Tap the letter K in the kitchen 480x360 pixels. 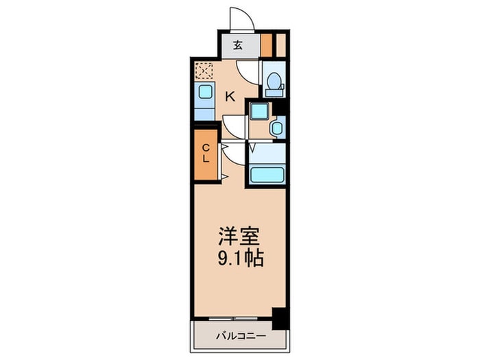click(x=231, y=97)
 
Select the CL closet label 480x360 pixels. click(x=206, y=155)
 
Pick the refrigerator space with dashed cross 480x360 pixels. click(x=203, y=69)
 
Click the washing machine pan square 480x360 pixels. click(x=259, y=110)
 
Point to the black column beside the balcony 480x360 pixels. click(x=278, y=300)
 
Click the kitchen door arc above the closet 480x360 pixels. click(x=234, y=124)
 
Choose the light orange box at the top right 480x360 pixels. click(x=281, y=44)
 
